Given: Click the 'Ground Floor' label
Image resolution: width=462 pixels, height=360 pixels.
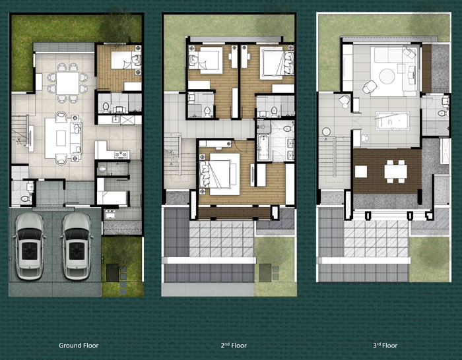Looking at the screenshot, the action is coord(79,345).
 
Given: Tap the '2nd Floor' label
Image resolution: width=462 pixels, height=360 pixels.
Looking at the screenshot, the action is coord(234,345).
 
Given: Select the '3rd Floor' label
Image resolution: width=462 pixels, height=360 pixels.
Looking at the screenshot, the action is coord(385,345).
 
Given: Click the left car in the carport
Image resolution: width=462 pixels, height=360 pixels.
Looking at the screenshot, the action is coord(29,246).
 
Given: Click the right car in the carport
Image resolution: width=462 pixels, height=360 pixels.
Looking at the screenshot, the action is coord(77,246).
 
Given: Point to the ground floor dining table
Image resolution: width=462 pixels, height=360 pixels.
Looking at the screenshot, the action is coord(67,83).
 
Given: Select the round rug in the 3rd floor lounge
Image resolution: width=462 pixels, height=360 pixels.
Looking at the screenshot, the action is coord(387,76).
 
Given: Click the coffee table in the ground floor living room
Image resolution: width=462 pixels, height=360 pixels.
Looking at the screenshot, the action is coord(61,138).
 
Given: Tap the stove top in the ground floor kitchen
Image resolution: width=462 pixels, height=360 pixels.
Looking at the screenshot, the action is coord(121,154).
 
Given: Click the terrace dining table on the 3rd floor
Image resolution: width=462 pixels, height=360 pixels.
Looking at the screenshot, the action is coord(395,171).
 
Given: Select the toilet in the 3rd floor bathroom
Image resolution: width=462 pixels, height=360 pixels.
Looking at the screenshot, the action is coord(444,113).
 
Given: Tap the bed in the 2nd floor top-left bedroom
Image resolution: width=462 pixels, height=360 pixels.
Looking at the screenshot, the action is coord(205,61).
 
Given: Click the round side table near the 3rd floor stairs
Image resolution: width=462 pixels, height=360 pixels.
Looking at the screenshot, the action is coord(326,131).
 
